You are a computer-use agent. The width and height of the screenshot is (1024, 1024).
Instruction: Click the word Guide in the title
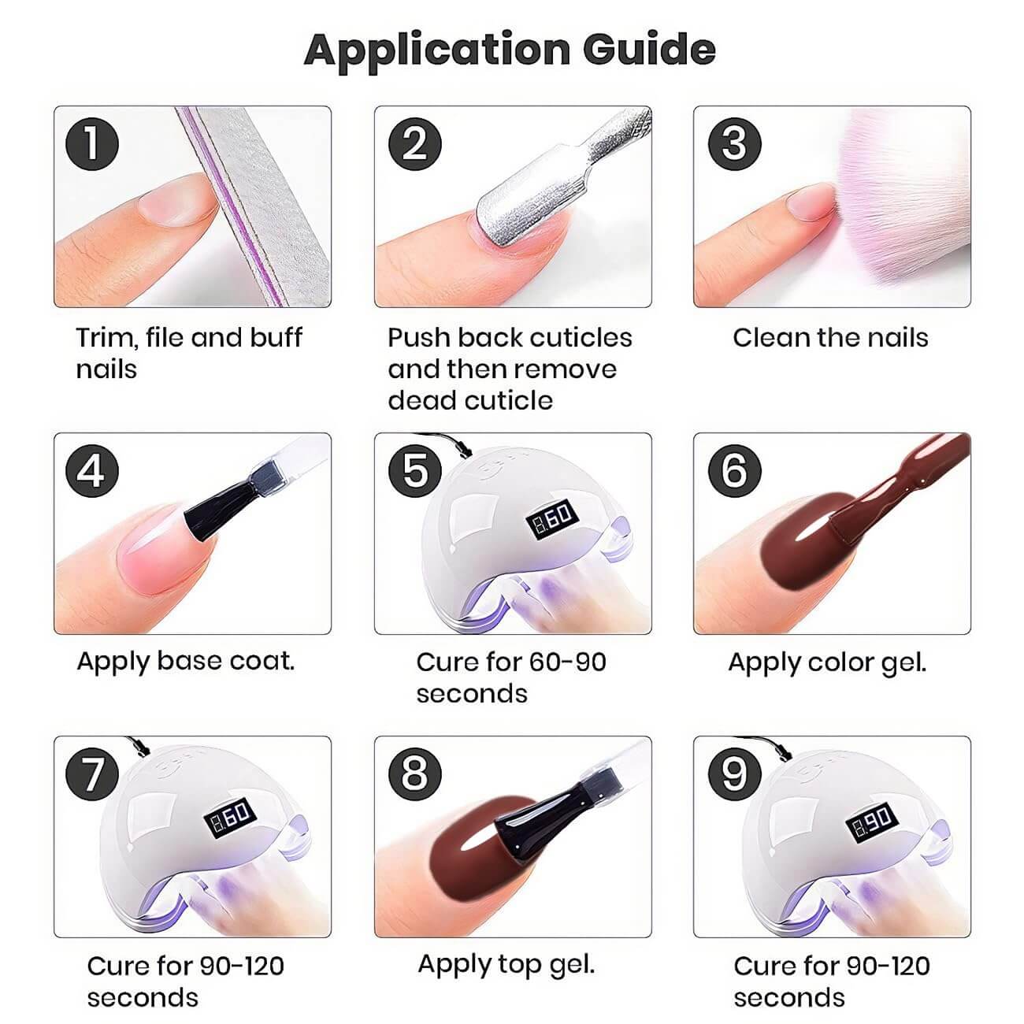click(649, 50)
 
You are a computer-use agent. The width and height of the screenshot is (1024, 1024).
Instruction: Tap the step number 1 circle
click(91, 144)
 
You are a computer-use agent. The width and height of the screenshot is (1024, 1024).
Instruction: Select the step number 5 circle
click(414, 471)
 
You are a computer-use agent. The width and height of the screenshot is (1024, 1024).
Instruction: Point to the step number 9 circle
click(734, 774)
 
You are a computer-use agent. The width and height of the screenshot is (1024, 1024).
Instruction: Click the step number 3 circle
click(734, 144)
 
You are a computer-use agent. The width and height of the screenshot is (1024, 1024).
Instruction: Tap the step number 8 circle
click(414, 774)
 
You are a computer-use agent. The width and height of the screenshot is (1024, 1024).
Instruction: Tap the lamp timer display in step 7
click(229, 819)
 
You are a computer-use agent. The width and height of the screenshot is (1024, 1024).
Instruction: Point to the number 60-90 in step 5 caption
click(567, 662)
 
